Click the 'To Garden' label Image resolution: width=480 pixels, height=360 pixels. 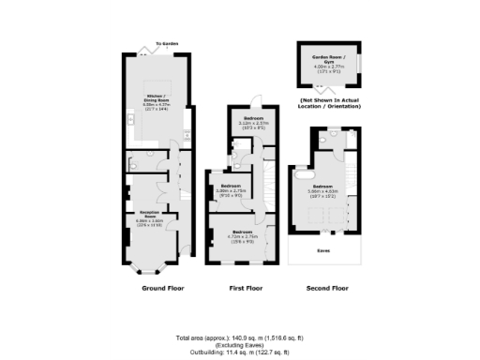click(x=166, y=44)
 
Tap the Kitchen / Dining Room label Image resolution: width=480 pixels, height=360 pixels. click(x=156, y=101)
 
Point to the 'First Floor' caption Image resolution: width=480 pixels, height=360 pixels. click(x=244, y=289)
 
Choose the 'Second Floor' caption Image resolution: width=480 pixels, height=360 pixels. click(x=327, y=289)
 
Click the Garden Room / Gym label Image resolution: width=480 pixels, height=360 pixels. click(x=328, y=62)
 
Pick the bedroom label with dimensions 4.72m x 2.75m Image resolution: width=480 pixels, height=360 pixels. click(x=243, y=234)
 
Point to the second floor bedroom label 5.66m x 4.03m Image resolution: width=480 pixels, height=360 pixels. click(x=323, y=191)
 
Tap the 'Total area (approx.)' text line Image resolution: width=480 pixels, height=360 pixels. click(x=240, y=337)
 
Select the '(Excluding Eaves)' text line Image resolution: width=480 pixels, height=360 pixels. click(x=240, y=345)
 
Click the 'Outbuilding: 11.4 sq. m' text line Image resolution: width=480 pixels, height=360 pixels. click(x=240, y=352)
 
